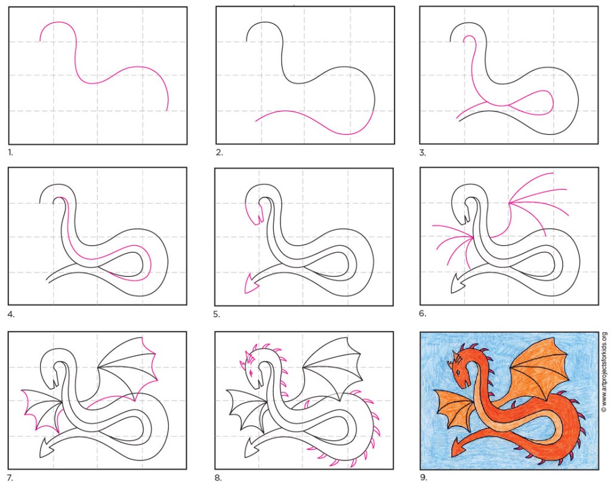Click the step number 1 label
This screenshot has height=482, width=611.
click(x=11, y=152)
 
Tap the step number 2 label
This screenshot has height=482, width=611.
click(x=220, y=152)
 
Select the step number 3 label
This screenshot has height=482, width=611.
click(x=423, y=152)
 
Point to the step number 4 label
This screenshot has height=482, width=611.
click(x=11, y=314)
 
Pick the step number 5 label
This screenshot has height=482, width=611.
click(x=217, y=314)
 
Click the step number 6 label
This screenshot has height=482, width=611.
click(x=423, y=313)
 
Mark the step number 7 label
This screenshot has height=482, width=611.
click(x=11, y=477)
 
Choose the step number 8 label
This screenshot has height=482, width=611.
click(x=218, y=477)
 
